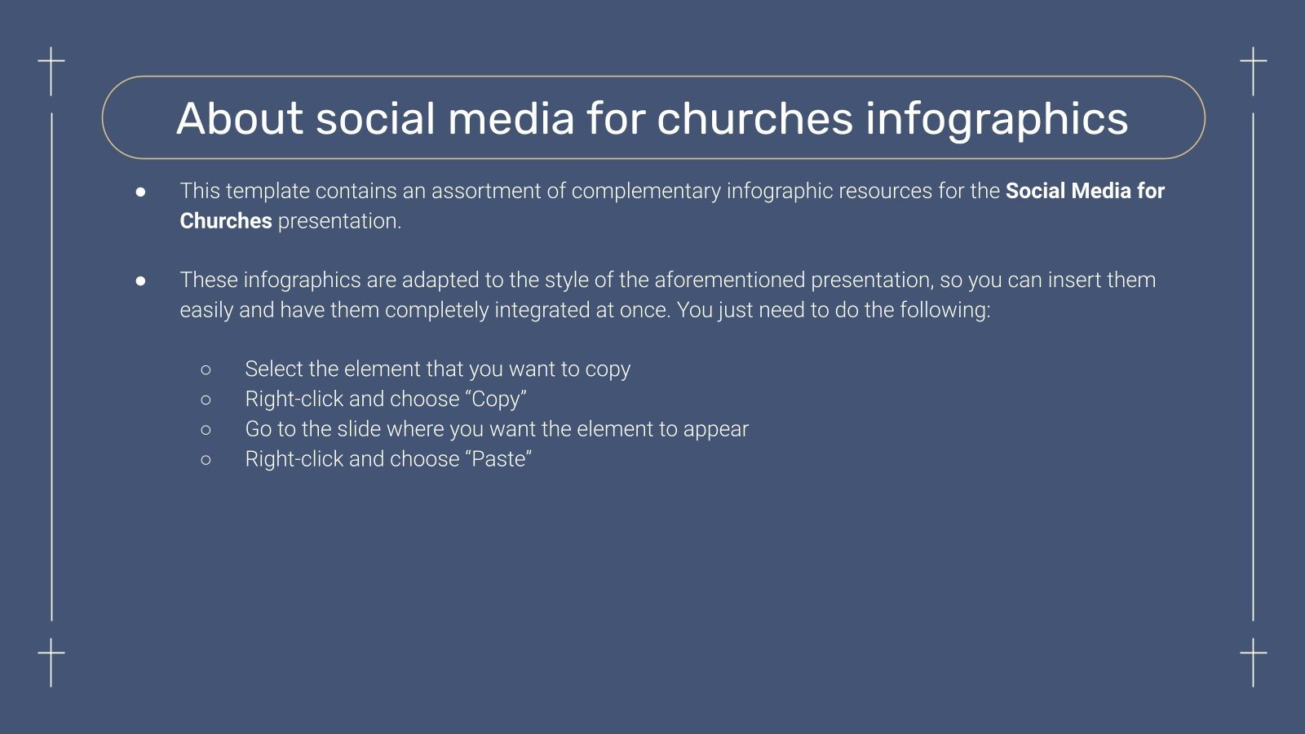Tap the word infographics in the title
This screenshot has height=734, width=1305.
tap(997, 120)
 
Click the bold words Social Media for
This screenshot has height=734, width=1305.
tap(1085, 191)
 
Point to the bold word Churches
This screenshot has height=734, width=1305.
tap(225, 221)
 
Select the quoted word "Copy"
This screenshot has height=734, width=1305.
tap(498, 400)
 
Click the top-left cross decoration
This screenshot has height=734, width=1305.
tap(51, 65)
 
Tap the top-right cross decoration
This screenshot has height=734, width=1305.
tap(1254, 65)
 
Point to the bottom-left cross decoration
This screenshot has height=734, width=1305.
tap(51, 657)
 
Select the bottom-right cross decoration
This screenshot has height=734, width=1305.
tap(1254, 657)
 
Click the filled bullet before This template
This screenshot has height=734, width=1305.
tap(141, 192)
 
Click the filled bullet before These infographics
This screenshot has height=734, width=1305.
tap(141, 281)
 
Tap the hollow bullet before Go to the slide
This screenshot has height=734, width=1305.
tap(206, 430)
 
